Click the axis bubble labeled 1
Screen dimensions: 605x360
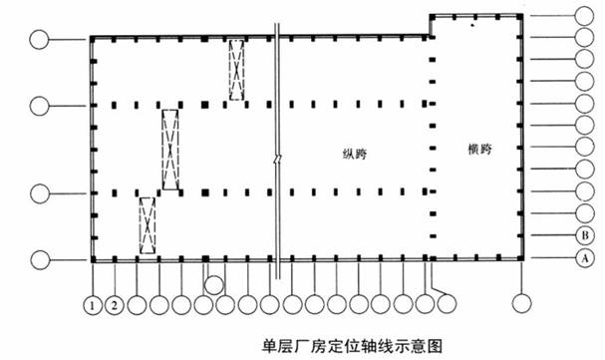click(94, 303)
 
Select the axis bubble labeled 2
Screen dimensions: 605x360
click(116, 303)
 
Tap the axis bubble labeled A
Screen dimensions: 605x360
click(585, 258)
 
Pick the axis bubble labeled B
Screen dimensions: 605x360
click(585, 235)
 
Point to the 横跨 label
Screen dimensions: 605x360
click(479, 149)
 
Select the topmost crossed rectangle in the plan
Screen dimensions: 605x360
click(236, 69)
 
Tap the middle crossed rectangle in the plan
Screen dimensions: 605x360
click(171, 150)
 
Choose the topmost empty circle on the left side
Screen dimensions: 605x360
click(40, 40)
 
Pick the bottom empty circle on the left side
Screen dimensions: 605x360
click(40, 261)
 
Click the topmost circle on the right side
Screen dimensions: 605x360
click(585, 16)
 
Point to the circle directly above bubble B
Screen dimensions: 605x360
click(585, 213)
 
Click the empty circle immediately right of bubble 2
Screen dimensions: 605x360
click(138, 303)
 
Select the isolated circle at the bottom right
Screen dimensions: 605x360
click(520, 303)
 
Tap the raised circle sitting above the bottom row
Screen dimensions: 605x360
click(212, 285)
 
